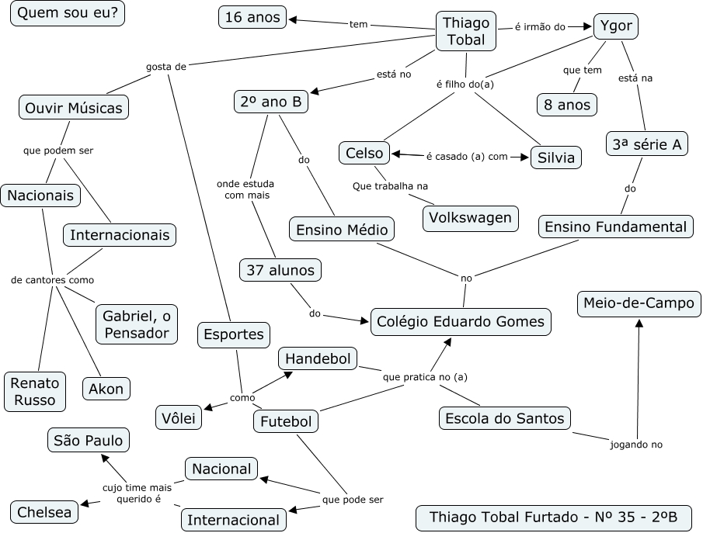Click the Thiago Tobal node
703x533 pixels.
[x=465, y=32]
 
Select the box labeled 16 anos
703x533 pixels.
[x=252, y=17]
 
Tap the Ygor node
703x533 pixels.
[x=616, y=26]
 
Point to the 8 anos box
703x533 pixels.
[x=567, y=104]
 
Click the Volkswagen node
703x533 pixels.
[x=471, y=218]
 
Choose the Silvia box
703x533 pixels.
[x=555, y=157]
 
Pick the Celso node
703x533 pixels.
[x=364, y=154]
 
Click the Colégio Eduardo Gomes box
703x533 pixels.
[x=461, y=321]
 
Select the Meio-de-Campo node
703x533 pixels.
[x=639, y=303]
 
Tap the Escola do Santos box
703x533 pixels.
[x=504, y=418]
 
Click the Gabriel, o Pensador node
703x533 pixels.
[x=135, y=324]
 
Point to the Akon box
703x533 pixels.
[x=106, y=388]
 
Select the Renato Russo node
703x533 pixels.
[x=35, y=391]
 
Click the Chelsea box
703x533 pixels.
[x=44, y=512]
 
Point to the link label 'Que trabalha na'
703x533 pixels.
[x=390, y=186]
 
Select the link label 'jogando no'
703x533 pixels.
[x=636, y=445]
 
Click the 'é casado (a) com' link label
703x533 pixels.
[x=466, y=156]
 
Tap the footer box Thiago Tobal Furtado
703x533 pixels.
[x=553, y=517]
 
